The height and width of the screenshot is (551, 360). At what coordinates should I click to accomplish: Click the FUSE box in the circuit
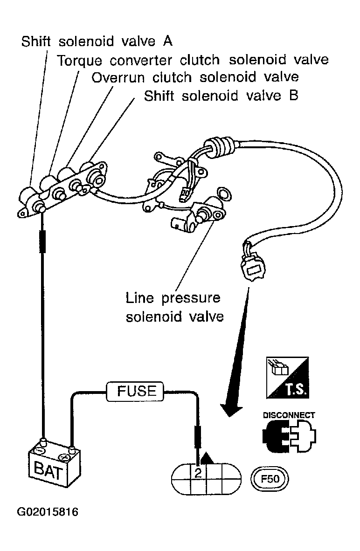click(x=135, y=391)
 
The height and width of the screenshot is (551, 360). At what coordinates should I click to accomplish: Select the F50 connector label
click(x=270, y=479)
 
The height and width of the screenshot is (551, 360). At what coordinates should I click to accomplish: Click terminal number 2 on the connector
click(x=198, y=473)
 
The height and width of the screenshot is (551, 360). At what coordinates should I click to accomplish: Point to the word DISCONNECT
click(x=289, y=415)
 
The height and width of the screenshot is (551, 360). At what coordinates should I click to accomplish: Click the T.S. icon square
click(x=288, y=378)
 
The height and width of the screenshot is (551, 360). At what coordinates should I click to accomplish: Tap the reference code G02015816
click(x=48, y=512)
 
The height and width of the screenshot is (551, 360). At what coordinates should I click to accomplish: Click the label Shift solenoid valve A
click(x=97, y=41)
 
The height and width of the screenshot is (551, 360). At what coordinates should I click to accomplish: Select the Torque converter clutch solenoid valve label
click(x=193, y=60)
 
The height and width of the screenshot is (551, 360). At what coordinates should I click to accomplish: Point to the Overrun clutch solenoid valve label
click(x=195, y=77)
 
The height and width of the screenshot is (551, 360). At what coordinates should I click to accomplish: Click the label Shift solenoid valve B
click(x=221, y=96)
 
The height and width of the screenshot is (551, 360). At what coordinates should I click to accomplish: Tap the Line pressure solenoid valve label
click(x=175, y=307)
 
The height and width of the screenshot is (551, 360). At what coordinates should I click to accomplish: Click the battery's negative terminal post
click(x=43, y=442)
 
